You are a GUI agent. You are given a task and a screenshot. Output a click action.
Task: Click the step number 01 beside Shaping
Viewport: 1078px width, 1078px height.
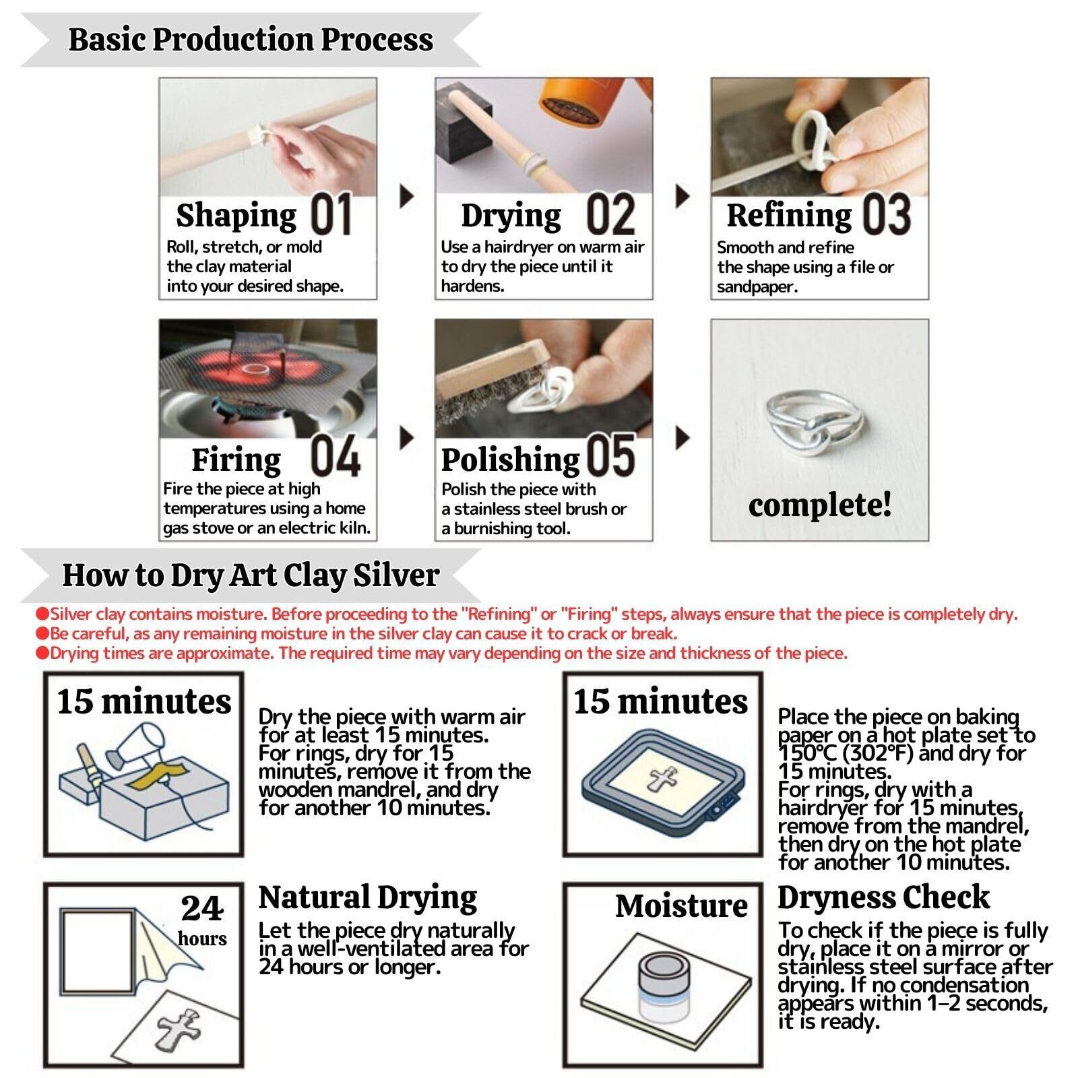[331, 214]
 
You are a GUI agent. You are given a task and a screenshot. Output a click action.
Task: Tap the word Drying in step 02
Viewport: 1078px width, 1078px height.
[511, 216]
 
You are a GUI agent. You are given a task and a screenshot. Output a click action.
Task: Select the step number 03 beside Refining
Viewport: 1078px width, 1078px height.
[887, 214]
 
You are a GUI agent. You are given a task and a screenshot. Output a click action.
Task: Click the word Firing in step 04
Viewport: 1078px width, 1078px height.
[236, 460]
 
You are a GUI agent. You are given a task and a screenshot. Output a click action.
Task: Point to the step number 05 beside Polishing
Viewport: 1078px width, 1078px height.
[610, 455]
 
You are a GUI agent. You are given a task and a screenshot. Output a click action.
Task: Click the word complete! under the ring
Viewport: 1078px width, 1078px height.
[820, 505]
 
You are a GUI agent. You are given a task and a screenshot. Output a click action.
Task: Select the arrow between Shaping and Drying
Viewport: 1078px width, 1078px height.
[407, 196]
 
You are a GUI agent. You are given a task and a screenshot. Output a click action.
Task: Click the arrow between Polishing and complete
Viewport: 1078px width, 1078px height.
[683, 438]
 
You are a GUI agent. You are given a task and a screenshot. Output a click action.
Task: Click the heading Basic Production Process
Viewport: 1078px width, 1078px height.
[251, 39]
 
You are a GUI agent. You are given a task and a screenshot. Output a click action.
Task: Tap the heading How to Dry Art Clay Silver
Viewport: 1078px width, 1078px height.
[251, 575]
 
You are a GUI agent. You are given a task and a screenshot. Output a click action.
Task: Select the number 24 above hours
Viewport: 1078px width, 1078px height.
[201, 908]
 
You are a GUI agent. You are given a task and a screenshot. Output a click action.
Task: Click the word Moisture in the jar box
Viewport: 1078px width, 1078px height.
[681, 906]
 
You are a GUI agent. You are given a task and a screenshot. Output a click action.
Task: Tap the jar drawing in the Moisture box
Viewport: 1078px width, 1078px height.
[662, 986]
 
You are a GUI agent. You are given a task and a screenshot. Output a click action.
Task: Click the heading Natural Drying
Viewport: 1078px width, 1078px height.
[368, 897]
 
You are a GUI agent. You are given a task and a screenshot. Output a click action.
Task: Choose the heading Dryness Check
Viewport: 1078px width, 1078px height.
[883, 897]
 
